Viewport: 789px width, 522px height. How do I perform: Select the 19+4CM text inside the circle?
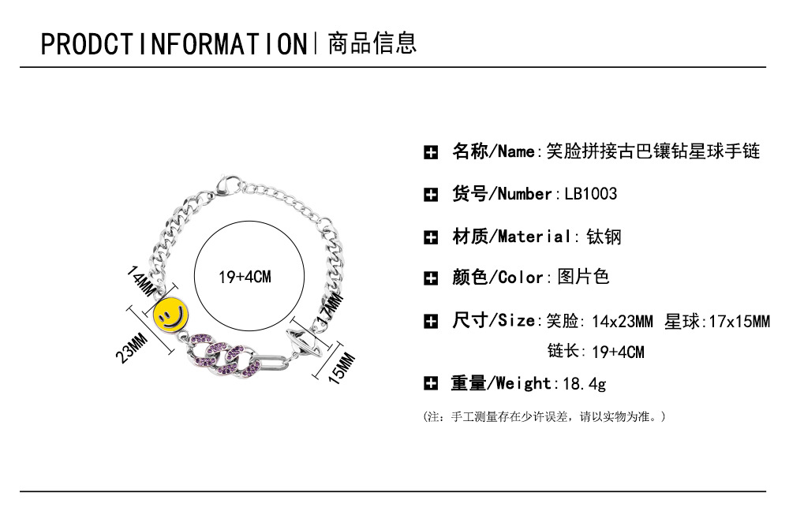(245, 277)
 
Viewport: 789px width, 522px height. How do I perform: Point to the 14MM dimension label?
(140, 282)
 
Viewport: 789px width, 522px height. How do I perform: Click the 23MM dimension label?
(131, 348)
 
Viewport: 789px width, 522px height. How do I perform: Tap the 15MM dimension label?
(342, 368)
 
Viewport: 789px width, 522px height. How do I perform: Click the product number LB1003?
(590, 194)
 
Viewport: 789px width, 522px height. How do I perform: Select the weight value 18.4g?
(584, 384)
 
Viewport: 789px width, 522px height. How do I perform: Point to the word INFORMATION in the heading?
(223, 43)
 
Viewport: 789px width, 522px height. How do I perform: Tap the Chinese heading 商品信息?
(372, 43)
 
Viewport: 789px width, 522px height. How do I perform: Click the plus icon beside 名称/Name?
(431, 152)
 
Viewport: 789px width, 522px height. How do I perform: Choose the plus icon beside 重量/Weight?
(431, 384)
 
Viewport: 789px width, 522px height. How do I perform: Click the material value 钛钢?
(604, 237)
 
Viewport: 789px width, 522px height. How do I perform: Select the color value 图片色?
(583, 277)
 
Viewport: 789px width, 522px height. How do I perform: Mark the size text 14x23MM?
(622, 322)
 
